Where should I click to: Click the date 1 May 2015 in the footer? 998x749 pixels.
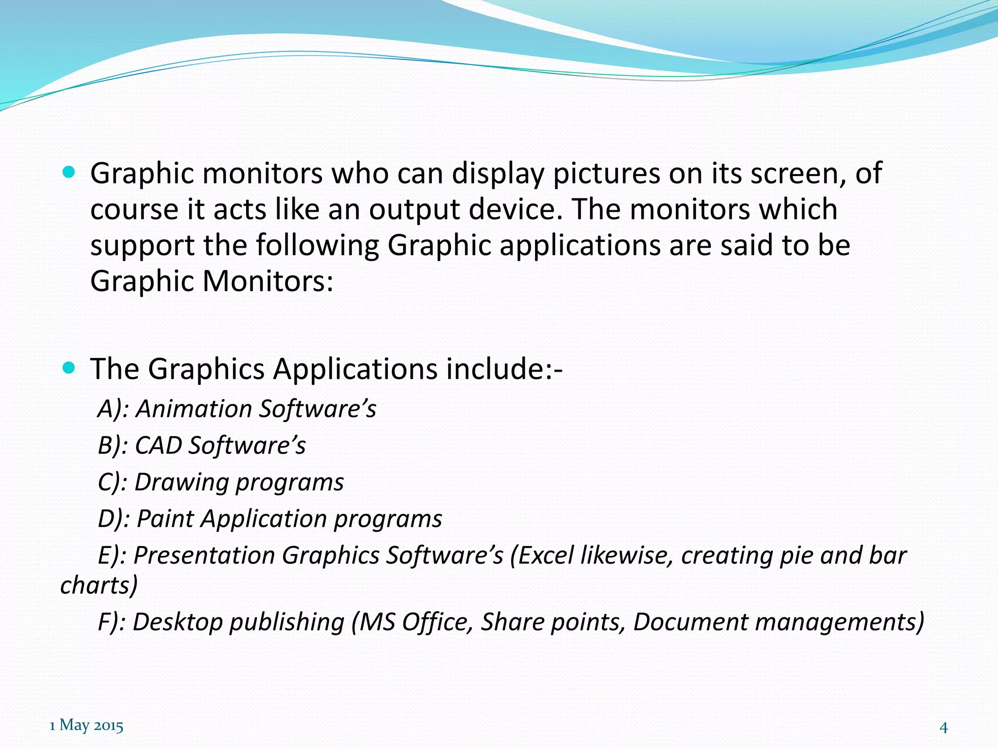(x=86, y=726)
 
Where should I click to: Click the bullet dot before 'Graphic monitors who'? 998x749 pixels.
(x=69, y=172)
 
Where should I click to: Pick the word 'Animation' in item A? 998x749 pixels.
(x=193, y=409)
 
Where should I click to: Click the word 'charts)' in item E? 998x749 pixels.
(x=99, y=585)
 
